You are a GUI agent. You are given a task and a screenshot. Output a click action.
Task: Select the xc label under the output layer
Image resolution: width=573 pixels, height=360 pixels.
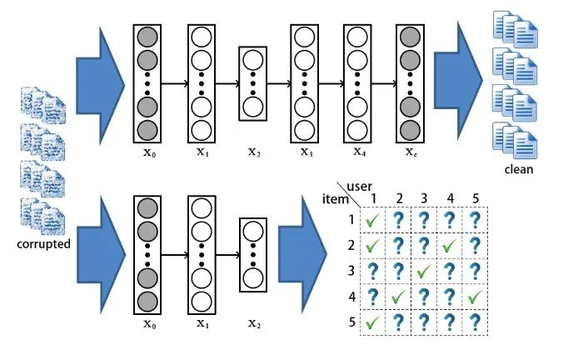pyautogui.click(x=411, y=152)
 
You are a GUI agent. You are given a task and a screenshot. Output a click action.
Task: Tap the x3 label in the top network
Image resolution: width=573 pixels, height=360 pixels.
pyautogui.click(x=306, y=152)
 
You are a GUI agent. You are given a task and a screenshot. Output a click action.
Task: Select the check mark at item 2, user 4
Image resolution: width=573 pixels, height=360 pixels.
pyautogui.click(x=450, y=247)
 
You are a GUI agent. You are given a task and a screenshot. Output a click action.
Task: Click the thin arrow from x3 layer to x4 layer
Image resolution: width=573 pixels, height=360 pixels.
pyautogui.click(x=331, y=83)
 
